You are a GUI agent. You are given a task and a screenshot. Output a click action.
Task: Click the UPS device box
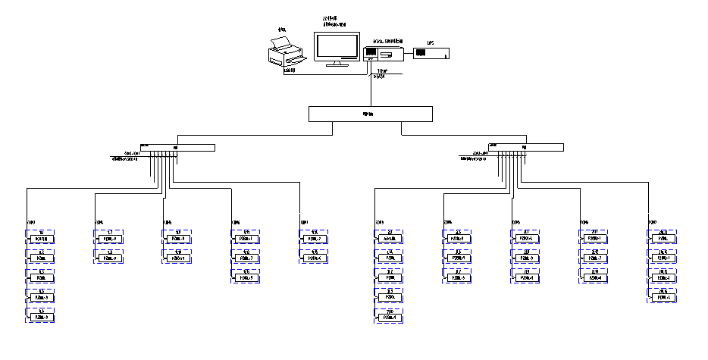point(431,53)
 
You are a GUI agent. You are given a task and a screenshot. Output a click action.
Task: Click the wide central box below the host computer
point(371,114)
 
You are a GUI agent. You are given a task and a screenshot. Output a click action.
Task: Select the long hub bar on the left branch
point(177,147)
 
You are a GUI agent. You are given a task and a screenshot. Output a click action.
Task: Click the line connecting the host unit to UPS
point(406,53)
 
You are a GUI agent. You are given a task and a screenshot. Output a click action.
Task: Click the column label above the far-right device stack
point(652,222)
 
